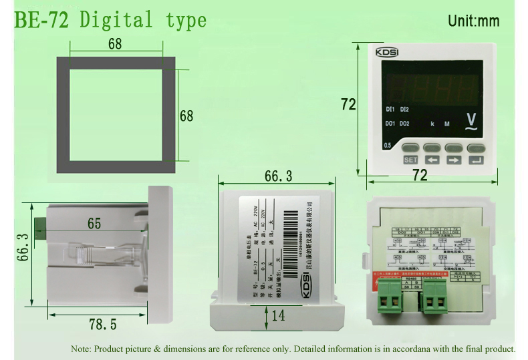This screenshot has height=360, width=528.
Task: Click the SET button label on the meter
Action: click(x=410, y=160)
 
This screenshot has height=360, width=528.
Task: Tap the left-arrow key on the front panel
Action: click(x=432, y=160)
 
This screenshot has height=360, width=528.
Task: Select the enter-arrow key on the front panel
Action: click(x=476, y=160)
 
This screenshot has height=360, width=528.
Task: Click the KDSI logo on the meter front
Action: click(x=389, y=51)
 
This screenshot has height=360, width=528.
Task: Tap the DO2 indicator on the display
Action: click(x=405, y=124)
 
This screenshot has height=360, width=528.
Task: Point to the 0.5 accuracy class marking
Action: click(x=387, y=145)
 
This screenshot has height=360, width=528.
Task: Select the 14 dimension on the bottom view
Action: click(x=278, y=315)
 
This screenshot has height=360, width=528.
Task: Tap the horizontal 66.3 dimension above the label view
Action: click(x=279, y=176)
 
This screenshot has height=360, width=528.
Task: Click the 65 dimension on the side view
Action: click(x=94, y=224)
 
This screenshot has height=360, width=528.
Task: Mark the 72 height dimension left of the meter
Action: click(x=348, y=105)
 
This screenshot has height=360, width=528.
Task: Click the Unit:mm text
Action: click(x=473, y=21)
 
